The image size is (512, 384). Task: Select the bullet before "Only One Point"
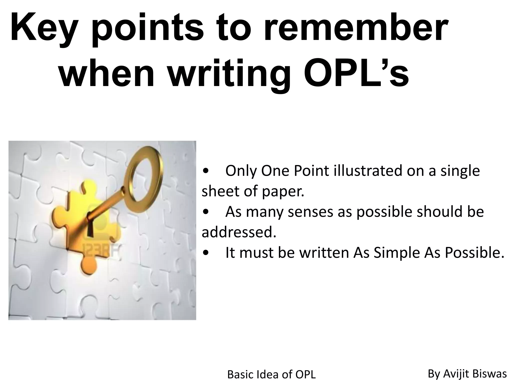point(205,171)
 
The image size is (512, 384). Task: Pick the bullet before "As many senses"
point(205,212)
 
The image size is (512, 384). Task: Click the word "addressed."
point(239,232)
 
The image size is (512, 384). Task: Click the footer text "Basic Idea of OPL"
point(271,374)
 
